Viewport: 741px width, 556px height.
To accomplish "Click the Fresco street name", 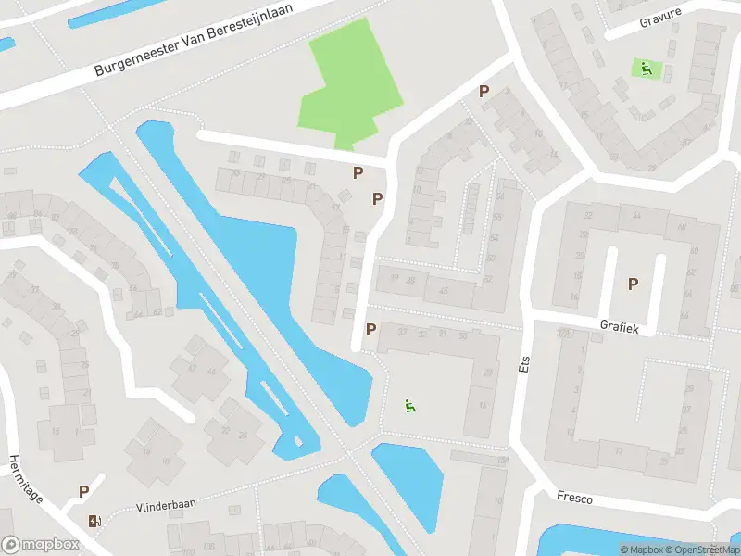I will pyautogui.click(x=574, y=498).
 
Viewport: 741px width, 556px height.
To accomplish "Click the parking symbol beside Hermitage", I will pyautogui.click(x=83, y=492).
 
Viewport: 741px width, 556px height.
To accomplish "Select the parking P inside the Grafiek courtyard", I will pyautogui.click(x=634, y=284).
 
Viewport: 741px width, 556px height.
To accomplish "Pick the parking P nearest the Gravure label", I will pyautogui.click(x=483, y=91).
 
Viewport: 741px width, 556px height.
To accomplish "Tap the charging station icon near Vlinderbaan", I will pyautogui.click(x=92, y=521).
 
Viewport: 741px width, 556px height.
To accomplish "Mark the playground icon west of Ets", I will pyautogui.click(x=409, y=405).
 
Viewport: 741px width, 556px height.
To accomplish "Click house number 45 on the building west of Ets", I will pyautogui.click(x=444, y=291).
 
